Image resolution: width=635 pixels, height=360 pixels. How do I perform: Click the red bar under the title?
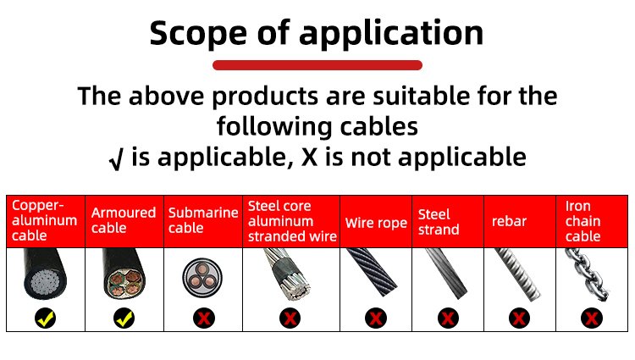pyautogui.click(x=317, y=65)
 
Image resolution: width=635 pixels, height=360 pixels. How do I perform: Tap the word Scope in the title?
pyautogui.click(x=198, y=33)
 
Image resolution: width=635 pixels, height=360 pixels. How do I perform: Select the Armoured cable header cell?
pyautogui.click(x=124, y=221)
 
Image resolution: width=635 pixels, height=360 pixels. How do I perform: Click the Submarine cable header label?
pyautogui.click(x=203, y=220)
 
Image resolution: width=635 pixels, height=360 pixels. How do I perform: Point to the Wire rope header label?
pyautogui.click(x=376, y=223)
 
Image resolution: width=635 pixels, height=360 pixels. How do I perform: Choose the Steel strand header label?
pyautogui.click(x=439, y=222)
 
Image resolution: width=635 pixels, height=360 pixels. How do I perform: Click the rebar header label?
pyautogui.click(x=509, y=222)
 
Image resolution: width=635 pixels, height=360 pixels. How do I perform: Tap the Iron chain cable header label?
pyautogui.click(x=583, y=221)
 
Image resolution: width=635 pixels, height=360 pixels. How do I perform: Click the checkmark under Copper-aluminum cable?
pyautogui.click(x=46, y=318)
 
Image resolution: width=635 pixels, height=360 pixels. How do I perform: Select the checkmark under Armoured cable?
pyautogui.click(x=124, y=318)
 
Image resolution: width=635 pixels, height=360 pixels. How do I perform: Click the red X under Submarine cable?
pyautogui.click(x=204, y=318)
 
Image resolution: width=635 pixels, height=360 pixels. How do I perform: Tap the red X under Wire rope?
pyautogui.click(x=375, y=318)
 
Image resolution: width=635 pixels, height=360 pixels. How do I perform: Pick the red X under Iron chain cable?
pyautogui.click(x=591, y=318)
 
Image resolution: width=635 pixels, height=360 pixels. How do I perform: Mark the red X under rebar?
pyautogui.click(x=519, y=318)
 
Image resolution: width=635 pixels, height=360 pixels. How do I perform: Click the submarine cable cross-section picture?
pyautogui.click(x=202, y=278)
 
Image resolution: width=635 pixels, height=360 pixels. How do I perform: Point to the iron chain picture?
pyautogui.click(x=588, y=274)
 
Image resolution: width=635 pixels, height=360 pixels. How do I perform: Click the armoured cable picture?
pyautogui.click(x=124, y=274)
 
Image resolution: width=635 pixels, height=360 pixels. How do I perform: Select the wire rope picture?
pyautogui.click(x=373, y=272)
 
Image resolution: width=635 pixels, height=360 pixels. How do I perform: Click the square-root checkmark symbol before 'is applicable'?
pyautogui.click(x=116, y=159)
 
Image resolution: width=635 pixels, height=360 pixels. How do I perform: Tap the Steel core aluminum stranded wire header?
pyautogui.click(x=291, y=221)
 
